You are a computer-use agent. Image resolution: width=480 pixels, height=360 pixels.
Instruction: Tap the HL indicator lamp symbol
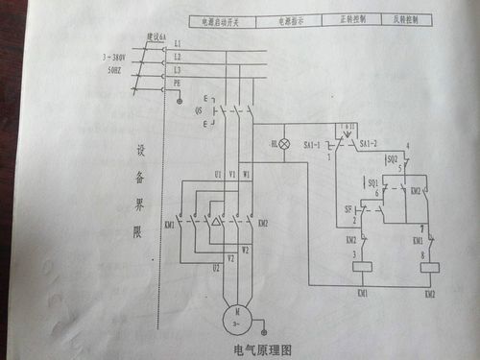(x=285, y=142)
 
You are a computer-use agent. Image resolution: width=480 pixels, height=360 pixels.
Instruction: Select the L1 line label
(x=176, y=44)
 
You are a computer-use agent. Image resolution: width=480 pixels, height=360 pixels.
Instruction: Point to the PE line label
(x=176, y=84)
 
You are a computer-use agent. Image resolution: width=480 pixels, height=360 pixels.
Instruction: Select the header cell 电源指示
(x=295, y=19)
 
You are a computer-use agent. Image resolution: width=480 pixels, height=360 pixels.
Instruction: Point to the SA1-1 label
(x=313, y=144)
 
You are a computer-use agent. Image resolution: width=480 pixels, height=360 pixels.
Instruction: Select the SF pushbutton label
(x=348, y=207)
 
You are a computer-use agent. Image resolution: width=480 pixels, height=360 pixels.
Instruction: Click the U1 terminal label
(x=218, y=174)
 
